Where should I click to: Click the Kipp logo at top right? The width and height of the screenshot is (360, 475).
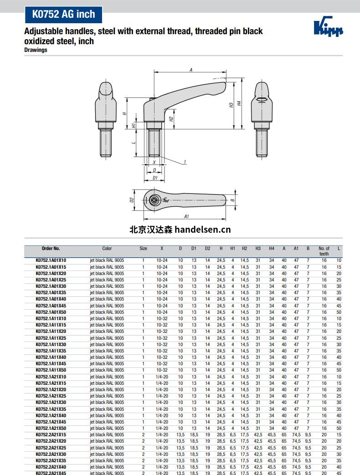tap(328, 26)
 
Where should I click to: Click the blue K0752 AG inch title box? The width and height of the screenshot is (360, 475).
tap(63, 14)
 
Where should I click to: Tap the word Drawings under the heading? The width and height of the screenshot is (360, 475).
tap(36, 50)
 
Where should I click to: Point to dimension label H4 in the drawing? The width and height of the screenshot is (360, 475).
tap(239, 103)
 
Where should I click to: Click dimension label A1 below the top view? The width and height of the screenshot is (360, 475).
tap(186, 216)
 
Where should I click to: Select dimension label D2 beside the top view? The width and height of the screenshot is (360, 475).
tap(132, 200)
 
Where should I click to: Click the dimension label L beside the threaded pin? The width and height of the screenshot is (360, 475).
tap(133, 143)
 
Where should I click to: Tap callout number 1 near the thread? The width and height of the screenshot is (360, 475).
tap(185, 162)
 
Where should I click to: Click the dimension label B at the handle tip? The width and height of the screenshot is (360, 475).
tap(232, 200)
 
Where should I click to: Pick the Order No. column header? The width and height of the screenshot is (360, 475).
tap(51, 248)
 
